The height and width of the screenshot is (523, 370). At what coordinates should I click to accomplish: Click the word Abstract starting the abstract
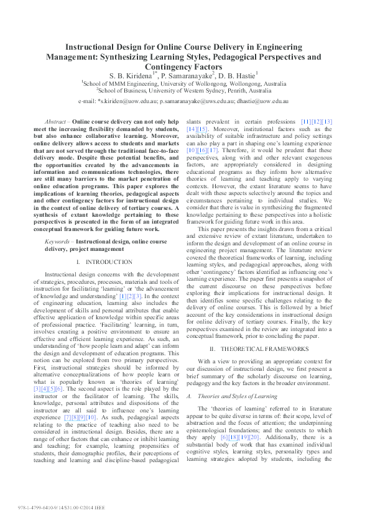coord(58,121)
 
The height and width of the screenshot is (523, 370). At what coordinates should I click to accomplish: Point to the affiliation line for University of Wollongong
coord(185,83)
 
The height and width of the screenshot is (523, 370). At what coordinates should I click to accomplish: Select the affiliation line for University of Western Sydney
coord(185,91)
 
